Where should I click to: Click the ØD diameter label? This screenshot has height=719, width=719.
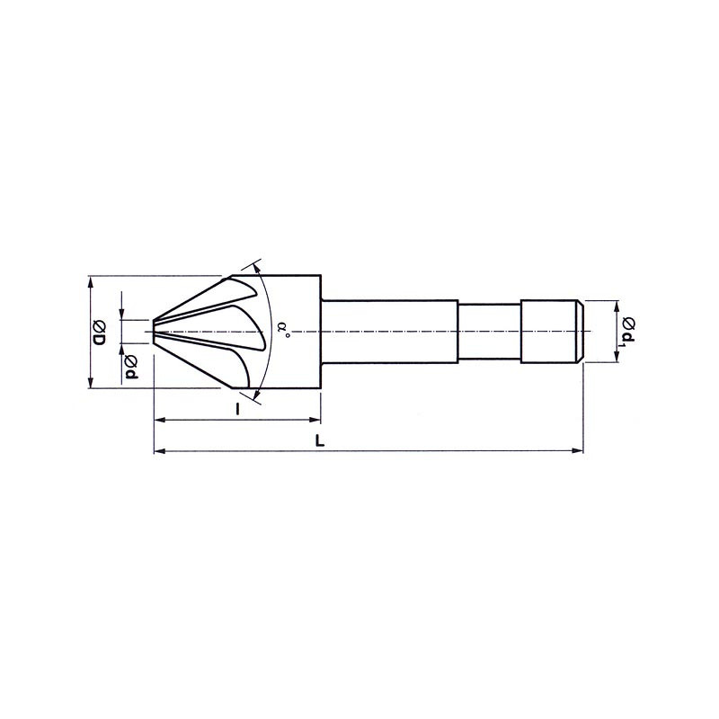pyautogui.click(x=100, y=333)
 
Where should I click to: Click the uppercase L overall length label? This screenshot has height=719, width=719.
pyautogui.click(x=320, y=441)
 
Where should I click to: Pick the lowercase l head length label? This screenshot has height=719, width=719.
pyautogui.click(x=237, y=409)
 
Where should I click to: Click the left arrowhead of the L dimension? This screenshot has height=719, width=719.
pyautogui.click(x=159, y=451)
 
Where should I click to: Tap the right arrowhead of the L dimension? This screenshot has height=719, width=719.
pyautogui.click(x=578, y=451)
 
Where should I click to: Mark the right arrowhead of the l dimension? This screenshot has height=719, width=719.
pyautogui.click(x=315, y=419)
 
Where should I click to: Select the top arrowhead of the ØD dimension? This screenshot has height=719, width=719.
pyautogui.click(x=92, y=281)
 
